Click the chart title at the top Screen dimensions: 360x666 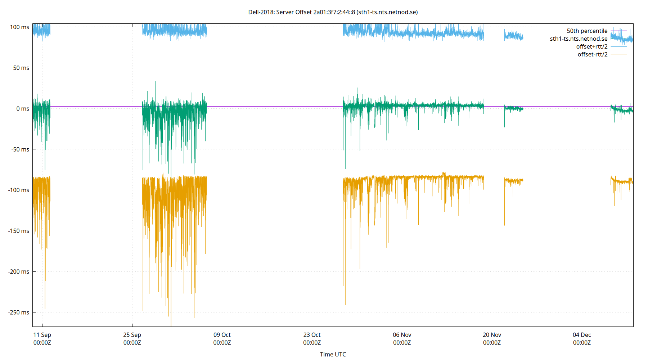coord(333,12)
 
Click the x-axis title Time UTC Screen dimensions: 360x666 coord(333,354)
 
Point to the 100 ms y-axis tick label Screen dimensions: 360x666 coord(20,27)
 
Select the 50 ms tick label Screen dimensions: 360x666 coord(21,68)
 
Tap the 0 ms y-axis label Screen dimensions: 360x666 coord(23,108)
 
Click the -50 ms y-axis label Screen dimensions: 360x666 coord(20,149)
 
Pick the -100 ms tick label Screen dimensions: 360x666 coord(19,190)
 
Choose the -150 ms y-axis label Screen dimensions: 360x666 coord(19,231)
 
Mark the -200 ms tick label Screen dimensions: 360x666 coord(19,271)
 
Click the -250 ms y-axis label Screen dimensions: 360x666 coord(19,312)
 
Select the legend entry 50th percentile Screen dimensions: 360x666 coord(587,31)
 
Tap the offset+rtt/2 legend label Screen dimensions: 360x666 coord(591,47)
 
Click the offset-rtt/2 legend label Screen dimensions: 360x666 coord(592,54)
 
